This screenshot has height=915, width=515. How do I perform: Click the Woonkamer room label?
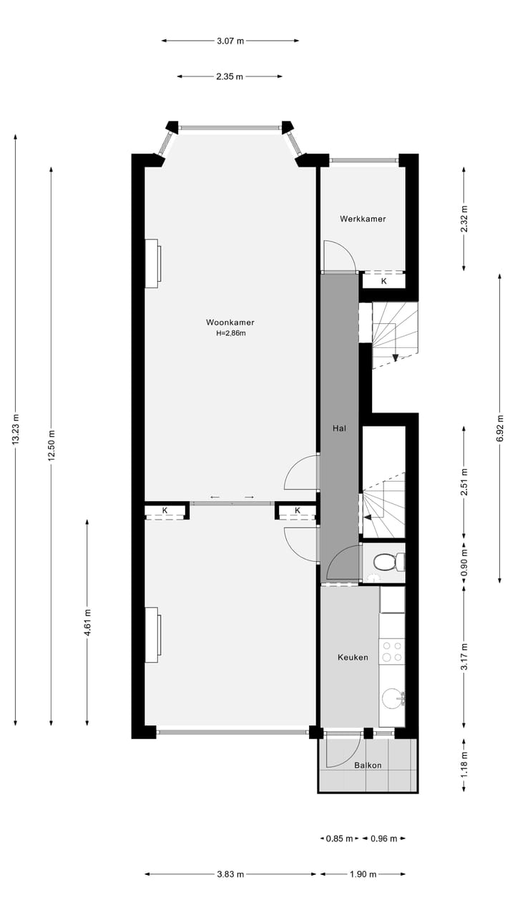230,322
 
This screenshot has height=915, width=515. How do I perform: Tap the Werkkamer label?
363,219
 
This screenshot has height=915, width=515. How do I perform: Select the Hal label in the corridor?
339,428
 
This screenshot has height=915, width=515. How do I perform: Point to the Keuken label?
353,657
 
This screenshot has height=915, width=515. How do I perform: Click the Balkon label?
368,765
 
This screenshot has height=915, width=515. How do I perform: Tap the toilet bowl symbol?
387,563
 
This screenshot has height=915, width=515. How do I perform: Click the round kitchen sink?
391,697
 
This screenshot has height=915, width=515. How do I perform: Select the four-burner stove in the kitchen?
391,651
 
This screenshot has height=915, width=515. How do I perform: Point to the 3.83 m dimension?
230,874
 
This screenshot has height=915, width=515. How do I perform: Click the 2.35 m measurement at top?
230,76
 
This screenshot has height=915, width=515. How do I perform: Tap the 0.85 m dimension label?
339,839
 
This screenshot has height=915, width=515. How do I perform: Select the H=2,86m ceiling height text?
230,333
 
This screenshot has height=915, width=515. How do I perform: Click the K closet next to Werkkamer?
383,281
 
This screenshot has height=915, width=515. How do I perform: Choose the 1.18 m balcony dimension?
463,765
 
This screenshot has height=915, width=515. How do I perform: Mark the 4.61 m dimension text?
87,622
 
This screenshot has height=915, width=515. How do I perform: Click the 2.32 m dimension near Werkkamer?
463,219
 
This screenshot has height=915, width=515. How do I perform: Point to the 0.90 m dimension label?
463,563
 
